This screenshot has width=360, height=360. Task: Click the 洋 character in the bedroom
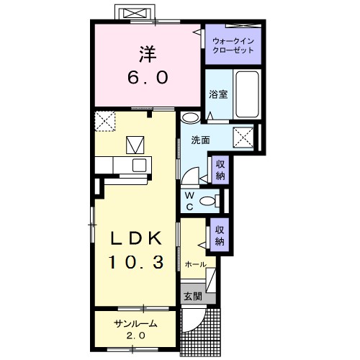click(148, 54)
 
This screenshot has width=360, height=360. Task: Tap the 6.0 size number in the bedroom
click(148, 78)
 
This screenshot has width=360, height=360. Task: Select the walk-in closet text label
click(233, 45)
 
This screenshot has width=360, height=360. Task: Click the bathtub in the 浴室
click(247, 94)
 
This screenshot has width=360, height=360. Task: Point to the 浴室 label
click(218, 94)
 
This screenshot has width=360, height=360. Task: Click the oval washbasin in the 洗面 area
click(190, 117)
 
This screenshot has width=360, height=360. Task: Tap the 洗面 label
click(200, 140)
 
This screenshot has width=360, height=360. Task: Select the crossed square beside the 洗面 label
click(243, 138)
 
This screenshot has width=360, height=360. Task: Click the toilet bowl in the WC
click(208, 201)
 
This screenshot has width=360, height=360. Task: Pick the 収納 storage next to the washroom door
click(220, 170)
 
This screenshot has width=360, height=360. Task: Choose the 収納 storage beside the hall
click(220, 235)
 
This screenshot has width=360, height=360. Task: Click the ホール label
click(195, 264)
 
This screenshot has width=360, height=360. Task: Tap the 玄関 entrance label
click(193, 297)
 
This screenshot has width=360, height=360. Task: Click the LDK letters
click(136, 238)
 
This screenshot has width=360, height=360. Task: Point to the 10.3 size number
click(137, 262)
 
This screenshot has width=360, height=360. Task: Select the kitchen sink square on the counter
click(139, 166)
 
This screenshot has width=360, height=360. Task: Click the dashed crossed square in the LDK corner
click(105, 121)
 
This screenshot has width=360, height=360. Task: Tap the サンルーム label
click(135, 324)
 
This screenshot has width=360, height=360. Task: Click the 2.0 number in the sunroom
click(136, 336)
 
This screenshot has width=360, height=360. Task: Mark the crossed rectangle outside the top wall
click(136, 13)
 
